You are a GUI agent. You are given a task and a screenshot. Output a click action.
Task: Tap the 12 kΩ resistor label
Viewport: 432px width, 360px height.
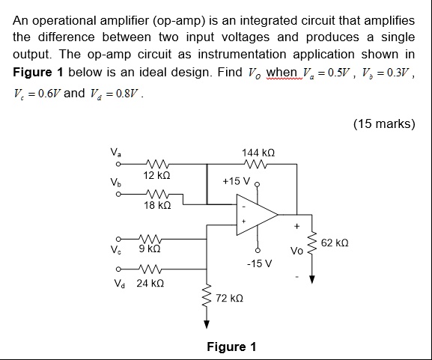158,174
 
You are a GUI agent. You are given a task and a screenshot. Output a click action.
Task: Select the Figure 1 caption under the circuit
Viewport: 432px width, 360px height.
231,347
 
